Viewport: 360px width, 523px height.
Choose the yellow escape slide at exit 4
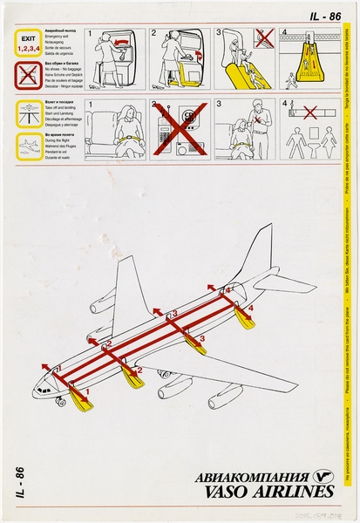pos(244,320)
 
